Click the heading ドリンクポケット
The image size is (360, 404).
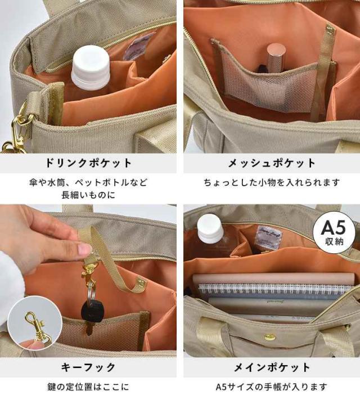88,163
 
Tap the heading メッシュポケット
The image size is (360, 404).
272,163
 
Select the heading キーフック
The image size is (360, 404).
88,367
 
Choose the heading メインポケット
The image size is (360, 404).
272,367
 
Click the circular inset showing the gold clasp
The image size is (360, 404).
35,323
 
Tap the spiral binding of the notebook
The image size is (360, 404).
274,288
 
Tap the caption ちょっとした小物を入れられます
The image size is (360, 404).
272,182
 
